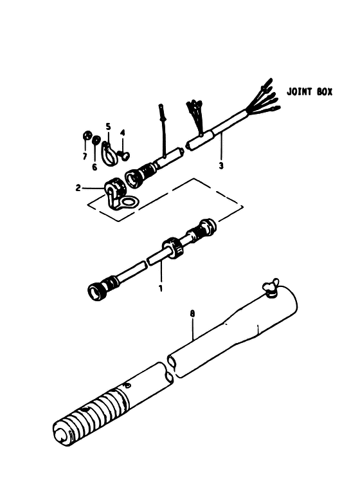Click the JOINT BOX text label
click(x=309, y=91)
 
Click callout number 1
click(x=161, y=288)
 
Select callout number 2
click(x=78, y=188)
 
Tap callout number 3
click(x=221, y=166)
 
